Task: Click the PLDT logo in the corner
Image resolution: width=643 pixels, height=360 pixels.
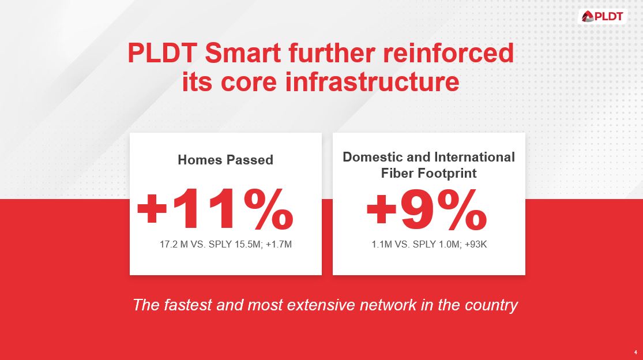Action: [x=603, y=16]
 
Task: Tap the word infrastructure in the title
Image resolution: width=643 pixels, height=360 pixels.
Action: [x=372, y=82]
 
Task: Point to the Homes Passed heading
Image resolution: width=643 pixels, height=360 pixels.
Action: [x=225, y=160]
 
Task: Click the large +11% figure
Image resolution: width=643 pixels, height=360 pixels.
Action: [x=215, y=210]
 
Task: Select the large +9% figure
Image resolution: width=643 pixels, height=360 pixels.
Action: [x=427, y=210]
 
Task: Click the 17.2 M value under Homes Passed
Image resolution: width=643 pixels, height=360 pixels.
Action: [x=174, y=245]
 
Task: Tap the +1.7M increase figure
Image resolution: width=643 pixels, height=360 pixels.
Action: [x=279, y=245]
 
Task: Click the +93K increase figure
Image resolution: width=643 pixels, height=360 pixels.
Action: [x=475, y=245]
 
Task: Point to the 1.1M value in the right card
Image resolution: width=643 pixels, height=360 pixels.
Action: [x=382, y=245]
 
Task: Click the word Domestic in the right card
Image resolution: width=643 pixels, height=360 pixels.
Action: [x=368, y=157]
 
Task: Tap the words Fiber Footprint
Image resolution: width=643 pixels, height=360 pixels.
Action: [x=428, y=173]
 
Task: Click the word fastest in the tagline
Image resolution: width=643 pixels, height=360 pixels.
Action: [x=187, y=305]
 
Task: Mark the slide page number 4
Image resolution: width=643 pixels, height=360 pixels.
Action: [x=636, y=352]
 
